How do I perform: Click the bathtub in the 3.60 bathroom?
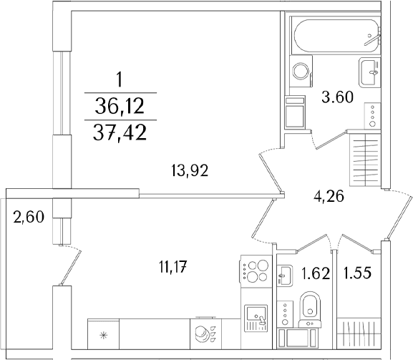pos(336,36)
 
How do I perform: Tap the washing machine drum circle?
pos(301,71)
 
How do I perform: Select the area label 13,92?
pos(190,170)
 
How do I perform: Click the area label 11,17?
pos(173,266)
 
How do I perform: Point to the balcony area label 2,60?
pos(29,218)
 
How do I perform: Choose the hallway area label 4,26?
pos(329,196)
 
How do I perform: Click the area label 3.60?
pos(337,97)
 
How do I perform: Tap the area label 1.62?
pos(315,273)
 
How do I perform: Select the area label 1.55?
pos(357,273)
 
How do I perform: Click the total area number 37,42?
pos(120,133)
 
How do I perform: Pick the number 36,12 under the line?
pos(120,106)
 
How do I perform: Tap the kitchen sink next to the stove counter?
pos(256,318)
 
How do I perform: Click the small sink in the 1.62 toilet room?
pos(284,276)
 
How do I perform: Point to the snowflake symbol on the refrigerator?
pos(103,335)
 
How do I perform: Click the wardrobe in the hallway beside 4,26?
pos(365,160)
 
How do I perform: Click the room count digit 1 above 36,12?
pos(120,79)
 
